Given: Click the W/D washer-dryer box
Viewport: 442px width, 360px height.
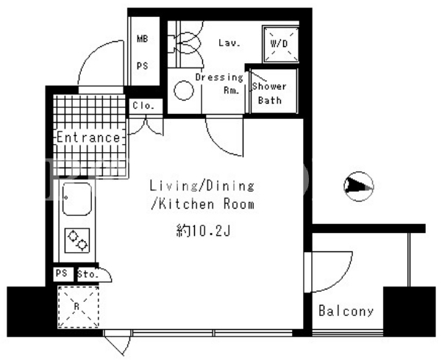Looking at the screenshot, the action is point(280,44).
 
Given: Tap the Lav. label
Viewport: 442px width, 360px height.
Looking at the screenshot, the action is point(229,43).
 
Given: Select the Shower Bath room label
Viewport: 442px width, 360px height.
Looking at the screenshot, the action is point(269,93).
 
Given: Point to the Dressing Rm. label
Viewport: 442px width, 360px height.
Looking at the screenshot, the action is point(219,83).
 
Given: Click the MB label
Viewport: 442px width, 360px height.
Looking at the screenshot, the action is point(143,39).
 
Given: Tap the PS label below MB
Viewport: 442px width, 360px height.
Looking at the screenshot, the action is point(143,66).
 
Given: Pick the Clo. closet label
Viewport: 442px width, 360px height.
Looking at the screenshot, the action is point(143,106).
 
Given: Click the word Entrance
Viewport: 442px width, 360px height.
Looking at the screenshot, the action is point(88,137).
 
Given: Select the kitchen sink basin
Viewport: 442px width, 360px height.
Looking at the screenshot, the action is point(76,199).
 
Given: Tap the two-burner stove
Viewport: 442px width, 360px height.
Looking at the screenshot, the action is point(77,240).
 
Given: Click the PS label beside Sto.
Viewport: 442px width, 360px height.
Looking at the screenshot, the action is point(62,273).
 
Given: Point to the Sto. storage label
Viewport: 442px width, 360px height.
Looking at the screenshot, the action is point(88,274).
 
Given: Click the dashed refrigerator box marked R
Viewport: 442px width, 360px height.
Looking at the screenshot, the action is point(78,307).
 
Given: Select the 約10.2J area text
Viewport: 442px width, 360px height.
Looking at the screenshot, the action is point(204,231).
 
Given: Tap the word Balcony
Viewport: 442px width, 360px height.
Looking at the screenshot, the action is point(346,311).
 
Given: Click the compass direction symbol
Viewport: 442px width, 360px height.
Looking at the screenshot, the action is point(359,186).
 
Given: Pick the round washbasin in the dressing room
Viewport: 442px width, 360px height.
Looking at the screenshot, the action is point(184,90).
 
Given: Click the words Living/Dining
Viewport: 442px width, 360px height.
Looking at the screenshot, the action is point(202,186).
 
